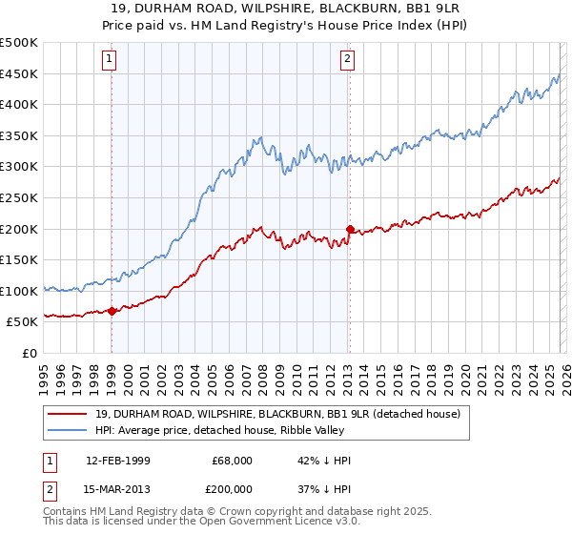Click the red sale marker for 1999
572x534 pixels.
(112, 311)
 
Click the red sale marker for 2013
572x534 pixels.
(349, 229)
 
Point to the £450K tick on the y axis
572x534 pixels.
(19, 74)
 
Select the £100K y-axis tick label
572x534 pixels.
(19, 291)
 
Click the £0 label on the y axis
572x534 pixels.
(31, 353)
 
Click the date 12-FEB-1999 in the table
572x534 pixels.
(117, 461)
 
